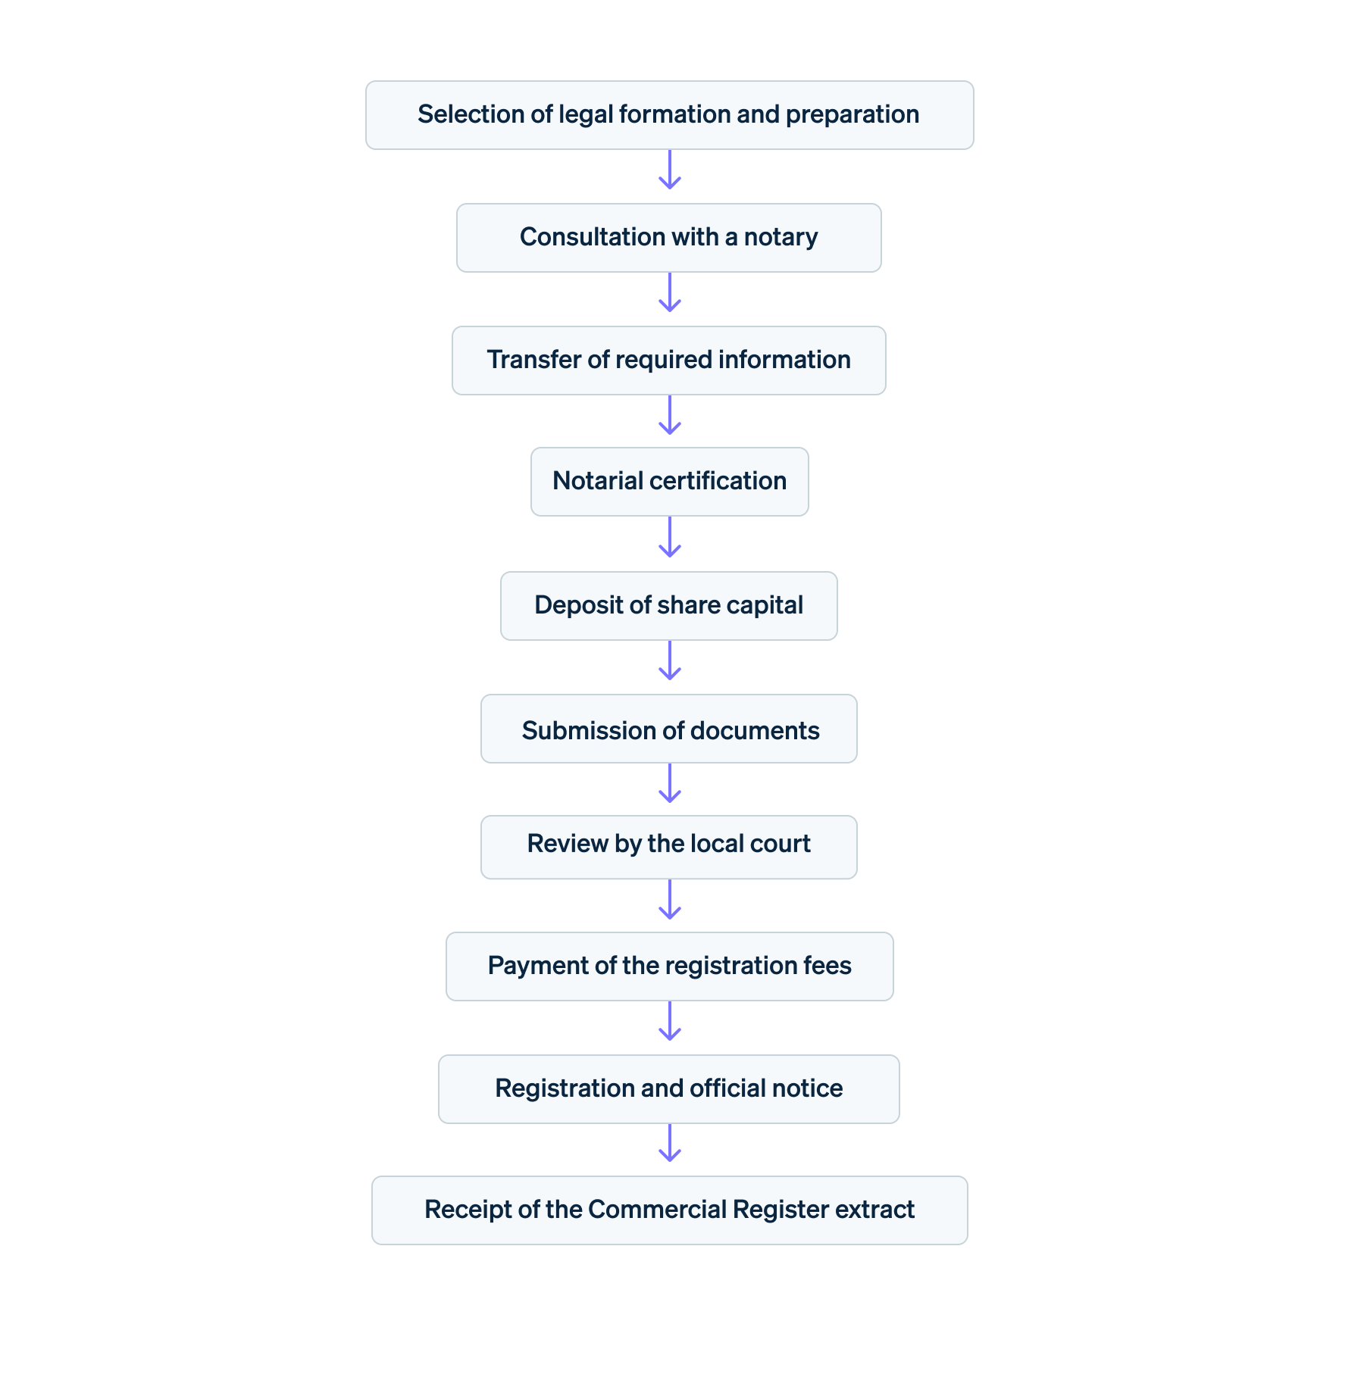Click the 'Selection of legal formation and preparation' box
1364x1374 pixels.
point(669,115)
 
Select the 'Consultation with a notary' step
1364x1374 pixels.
point(669,238)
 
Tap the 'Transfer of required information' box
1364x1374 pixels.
point(669,361)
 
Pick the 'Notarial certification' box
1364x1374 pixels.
point(669,482)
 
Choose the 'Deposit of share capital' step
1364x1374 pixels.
point(669,606)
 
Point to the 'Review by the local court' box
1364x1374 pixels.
point(669,847)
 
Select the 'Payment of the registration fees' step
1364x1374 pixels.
point(669,966)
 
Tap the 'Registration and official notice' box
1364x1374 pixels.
point(669,1089)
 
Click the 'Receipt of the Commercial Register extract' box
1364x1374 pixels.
point(669,1210)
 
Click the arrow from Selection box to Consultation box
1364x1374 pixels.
point(670,170)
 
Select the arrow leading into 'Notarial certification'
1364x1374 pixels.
point(670,416)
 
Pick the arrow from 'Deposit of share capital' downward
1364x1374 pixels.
point(670,661)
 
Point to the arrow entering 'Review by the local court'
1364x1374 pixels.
point(670,784)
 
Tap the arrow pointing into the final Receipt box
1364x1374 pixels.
point(670,1143)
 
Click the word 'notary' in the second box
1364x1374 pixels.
point(781,238)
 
